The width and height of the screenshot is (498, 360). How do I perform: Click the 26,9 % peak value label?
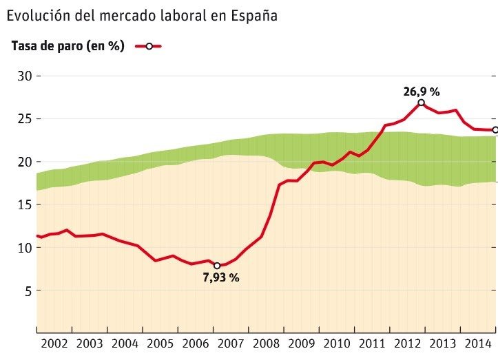coord(422,91)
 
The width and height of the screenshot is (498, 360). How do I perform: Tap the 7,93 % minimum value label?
coord(220,277)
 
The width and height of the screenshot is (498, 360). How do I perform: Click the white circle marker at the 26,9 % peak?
coord(421,103)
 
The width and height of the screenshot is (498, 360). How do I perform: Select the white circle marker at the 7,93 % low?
coord(217,266)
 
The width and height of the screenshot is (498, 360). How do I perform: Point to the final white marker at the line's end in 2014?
coord(495,130)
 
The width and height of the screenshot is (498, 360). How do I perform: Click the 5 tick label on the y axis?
coord(28,290)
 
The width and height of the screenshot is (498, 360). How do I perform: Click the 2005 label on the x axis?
coord(160,343)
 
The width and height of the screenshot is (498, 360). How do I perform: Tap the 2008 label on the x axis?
coord(266,343)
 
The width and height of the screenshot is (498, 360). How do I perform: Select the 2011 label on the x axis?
coord(372,343)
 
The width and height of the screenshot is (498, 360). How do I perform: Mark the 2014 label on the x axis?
coord(478,343)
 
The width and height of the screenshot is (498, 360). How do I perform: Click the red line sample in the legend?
coord(148,46)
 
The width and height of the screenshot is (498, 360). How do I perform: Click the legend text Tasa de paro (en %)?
coord(68,46)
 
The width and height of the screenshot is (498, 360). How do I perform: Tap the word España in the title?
coord(253,15)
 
